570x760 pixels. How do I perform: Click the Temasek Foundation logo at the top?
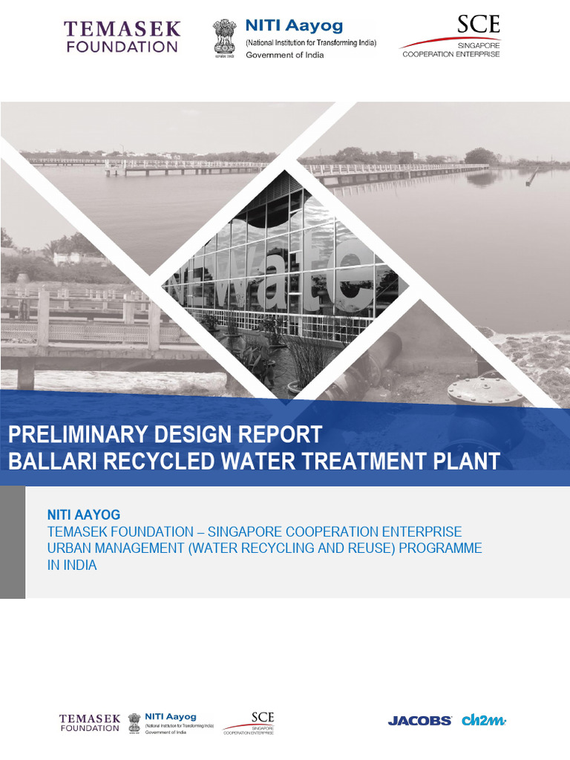122,37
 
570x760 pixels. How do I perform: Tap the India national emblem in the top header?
224,36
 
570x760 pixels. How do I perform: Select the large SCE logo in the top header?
478,26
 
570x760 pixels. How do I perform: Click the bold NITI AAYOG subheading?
84,514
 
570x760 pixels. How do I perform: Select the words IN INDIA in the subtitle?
72,565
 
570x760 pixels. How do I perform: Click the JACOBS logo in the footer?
419,720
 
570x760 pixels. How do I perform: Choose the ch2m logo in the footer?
484,719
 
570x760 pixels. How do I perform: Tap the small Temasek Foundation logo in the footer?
89,723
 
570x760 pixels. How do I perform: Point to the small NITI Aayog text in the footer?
171,717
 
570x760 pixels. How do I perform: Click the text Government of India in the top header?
285,55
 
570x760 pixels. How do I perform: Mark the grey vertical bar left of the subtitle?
13,542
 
